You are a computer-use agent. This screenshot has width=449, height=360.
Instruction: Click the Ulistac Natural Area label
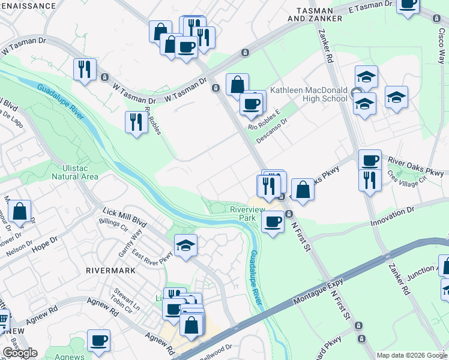tap(74, 172)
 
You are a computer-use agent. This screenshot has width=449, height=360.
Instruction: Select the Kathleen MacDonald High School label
tap(309, 94)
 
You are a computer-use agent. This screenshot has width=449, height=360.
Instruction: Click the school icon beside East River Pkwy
tap(186, 245)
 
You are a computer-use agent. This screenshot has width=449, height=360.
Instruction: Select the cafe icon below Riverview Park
tap(273, 221)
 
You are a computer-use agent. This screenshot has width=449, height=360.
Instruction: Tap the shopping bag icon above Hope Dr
tap(20, 212)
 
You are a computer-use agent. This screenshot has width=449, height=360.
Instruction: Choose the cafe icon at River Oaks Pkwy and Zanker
tap(370, 160)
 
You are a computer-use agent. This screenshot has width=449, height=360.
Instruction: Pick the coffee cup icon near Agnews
tap(98, 341)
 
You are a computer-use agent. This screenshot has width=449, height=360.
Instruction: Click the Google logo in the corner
tap(20, 353)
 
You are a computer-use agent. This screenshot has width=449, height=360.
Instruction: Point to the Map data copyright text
tap(412, 355)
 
